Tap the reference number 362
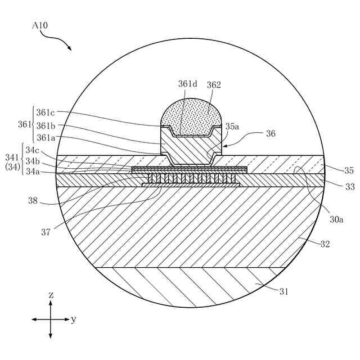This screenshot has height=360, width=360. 214,85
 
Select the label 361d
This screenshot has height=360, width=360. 188,84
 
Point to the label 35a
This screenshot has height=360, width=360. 232,127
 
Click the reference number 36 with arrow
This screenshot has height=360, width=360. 271,134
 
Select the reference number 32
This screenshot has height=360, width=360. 325,244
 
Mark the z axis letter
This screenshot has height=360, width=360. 51,295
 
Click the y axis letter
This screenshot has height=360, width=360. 73,319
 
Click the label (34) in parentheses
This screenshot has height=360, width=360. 12,166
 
